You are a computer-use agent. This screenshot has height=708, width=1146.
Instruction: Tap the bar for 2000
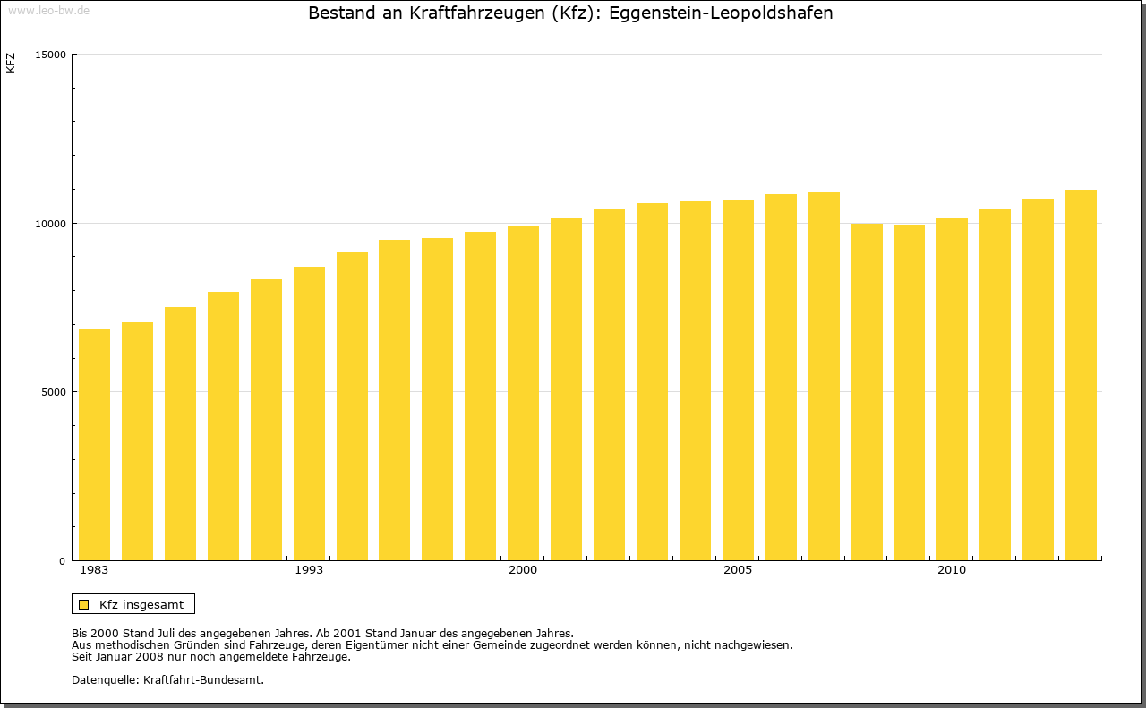[x=523, y=393]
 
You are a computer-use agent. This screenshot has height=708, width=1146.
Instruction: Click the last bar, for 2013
[x=1081, y=375]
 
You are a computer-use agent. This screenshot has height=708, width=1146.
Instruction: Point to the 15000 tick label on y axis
[x=51, y=55]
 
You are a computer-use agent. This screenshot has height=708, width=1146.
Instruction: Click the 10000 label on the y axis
[x=51, y=223]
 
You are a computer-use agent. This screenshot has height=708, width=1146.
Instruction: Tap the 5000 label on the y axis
[x=54, y=392]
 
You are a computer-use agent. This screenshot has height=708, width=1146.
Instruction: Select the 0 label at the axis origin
[x=63, y=561]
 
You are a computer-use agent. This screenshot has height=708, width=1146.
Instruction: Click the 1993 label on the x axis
[x=309, y=570]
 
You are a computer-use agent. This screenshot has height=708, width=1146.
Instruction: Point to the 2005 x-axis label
[x=738, y=570]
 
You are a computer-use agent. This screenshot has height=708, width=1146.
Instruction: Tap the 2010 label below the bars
[x=952, y=570]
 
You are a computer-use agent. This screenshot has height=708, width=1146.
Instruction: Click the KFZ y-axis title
[x=11, y=63]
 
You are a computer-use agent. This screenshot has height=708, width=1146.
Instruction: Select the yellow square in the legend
[x=83, y=604]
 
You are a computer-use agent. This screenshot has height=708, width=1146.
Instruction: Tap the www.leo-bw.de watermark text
[x=47, y=9]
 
